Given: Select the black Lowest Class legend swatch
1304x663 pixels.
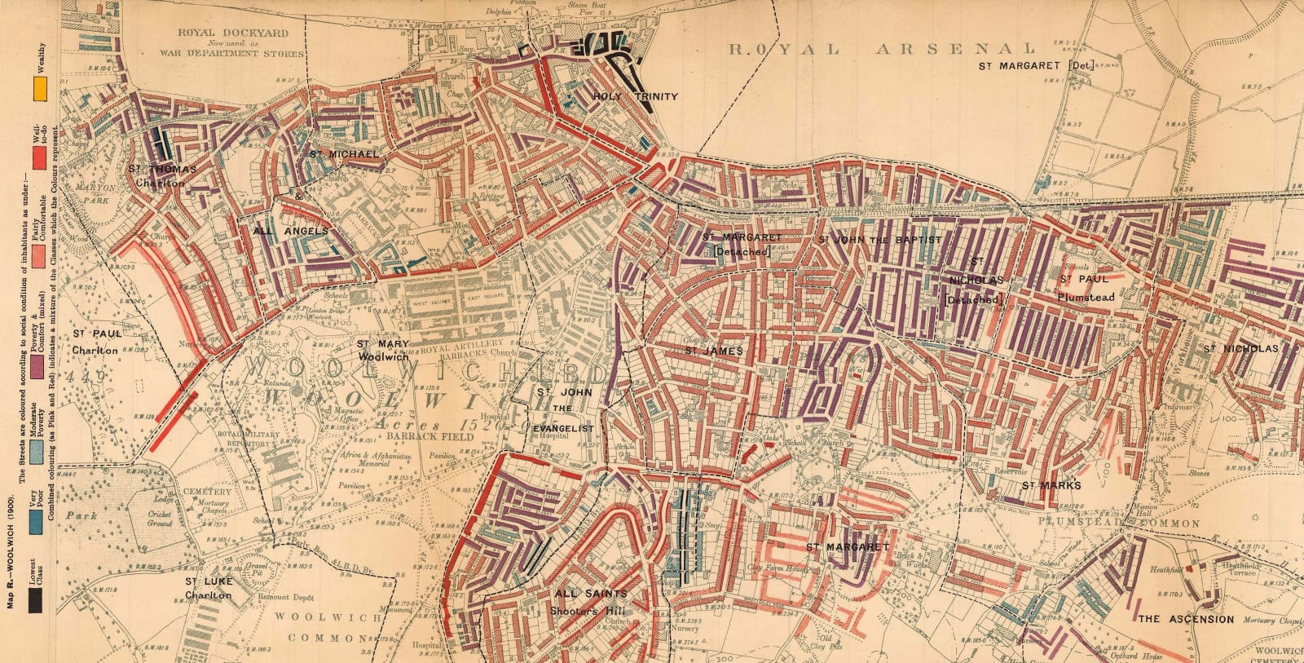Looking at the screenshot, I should [x=37, y=599].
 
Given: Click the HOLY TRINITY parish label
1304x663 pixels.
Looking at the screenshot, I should [x=635, y=96].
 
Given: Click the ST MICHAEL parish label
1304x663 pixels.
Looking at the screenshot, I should [x=343, y=153].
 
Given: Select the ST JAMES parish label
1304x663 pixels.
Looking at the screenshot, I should [x=713, y=351].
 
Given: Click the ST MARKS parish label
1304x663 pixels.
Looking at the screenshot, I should [x=1051, y=485].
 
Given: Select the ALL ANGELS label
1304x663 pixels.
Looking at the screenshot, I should [x=291, y=232].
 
